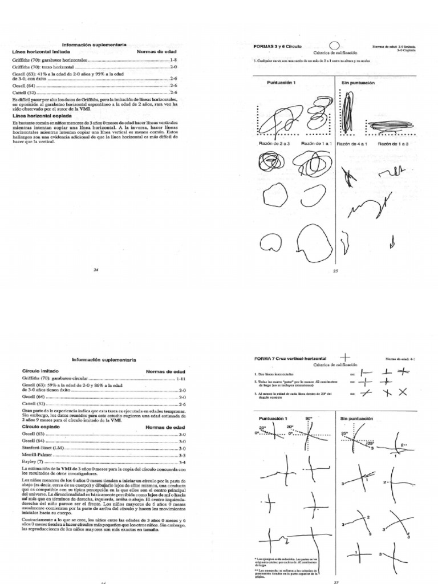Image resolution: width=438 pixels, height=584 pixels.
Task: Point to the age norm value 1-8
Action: click(175, 59)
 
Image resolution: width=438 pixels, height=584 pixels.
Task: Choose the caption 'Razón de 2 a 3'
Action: click(277, 144)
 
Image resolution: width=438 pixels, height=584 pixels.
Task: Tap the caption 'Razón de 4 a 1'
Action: click(352, 144)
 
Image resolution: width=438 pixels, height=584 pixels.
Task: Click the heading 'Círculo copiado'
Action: click(39, 427)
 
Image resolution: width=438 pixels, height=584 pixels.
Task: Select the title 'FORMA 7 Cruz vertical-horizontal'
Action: click(291, 358)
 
